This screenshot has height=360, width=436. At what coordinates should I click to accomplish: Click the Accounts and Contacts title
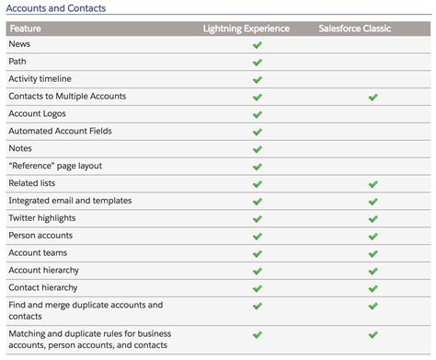tap(56, 8)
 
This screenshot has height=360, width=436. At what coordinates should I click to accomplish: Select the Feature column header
tap(27, 29)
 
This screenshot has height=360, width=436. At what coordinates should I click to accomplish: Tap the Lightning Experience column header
tap(247, 29)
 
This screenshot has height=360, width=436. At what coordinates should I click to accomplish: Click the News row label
tap(20, 44)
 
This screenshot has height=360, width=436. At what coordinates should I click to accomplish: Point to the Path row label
tap(18, 62)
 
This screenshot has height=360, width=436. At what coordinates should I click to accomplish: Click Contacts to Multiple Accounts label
tap(67, 96)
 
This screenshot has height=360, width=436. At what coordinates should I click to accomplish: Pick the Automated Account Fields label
tap(60, 131)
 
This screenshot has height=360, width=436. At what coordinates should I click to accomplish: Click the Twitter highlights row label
tap(42, 217)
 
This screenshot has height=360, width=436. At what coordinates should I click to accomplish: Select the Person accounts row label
tap(40, 235)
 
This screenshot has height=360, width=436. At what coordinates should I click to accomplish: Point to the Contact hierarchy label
tap(42, 287)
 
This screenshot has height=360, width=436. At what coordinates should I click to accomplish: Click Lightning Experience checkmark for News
tap(258, 44)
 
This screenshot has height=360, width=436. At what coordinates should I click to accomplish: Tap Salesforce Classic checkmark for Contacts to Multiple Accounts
tap(373, 97)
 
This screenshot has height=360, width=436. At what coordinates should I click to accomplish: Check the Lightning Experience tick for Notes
tap(258, 148)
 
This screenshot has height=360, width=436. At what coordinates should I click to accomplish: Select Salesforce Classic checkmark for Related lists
tap(373, 183)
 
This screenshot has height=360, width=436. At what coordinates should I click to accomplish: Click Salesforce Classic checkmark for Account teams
tap(373, 252)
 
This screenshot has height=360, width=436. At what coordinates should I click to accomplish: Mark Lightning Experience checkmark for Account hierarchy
tap(258, 270)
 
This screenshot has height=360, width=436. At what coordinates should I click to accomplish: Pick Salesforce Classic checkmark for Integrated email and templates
tap(373, 201)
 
